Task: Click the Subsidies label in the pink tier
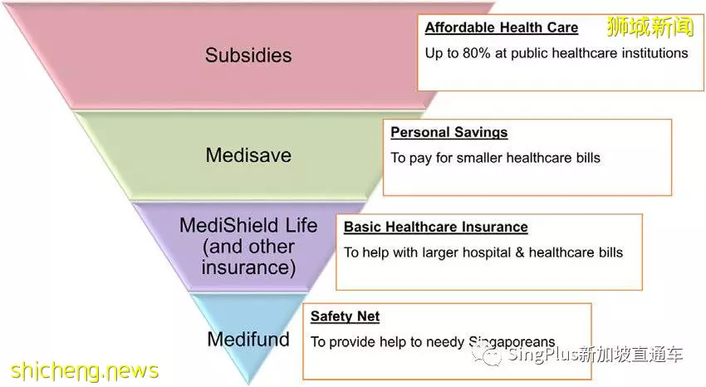coord(248,56)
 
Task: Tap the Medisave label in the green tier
coord(248,155)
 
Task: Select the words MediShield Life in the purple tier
coord(248,225)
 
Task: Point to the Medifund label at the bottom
coord(248,339)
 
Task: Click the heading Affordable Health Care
coord(502,27)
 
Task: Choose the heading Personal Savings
coord(449,132)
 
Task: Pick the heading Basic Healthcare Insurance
coord(436,227)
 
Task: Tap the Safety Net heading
coord(345,316)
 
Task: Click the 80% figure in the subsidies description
coord(477,53)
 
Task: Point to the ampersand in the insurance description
coord(520,252)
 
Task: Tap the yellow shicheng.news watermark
coord(84,370)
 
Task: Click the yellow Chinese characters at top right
coord(650,27)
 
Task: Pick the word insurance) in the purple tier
coord(248,267)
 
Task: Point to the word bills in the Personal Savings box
coord(588,158)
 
